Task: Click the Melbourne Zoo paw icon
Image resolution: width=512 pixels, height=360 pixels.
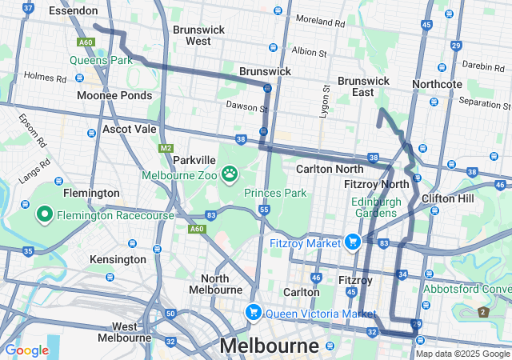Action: click(x=230, y=174)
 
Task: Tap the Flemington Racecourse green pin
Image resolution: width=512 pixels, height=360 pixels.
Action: click(x=44, y=214)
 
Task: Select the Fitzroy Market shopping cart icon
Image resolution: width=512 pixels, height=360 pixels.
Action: click(x=353, y=241)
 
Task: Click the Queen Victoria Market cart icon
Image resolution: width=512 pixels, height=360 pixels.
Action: click(x=254, y=312)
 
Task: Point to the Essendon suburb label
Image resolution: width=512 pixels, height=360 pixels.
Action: click(x=73, y=11)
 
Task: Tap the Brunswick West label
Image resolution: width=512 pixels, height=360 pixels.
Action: click(x=198, y=34)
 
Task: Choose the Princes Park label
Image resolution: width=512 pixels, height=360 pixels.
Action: click(x=275, y=193)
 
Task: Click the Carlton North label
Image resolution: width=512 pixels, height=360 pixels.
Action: click(x=329, y=169)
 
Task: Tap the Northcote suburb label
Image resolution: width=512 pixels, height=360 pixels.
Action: click(x=437, y=84)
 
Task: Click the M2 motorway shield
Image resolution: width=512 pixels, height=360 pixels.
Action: click(x=166, y=148)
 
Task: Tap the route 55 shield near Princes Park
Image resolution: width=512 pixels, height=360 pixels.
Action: click(x=263, y=209)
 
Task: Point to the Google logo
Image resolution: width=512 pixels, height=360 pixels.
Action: click(x=26, y=350)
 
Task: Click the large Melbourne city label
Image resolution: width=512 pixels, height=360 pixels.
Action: click(x=269, y=346)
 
